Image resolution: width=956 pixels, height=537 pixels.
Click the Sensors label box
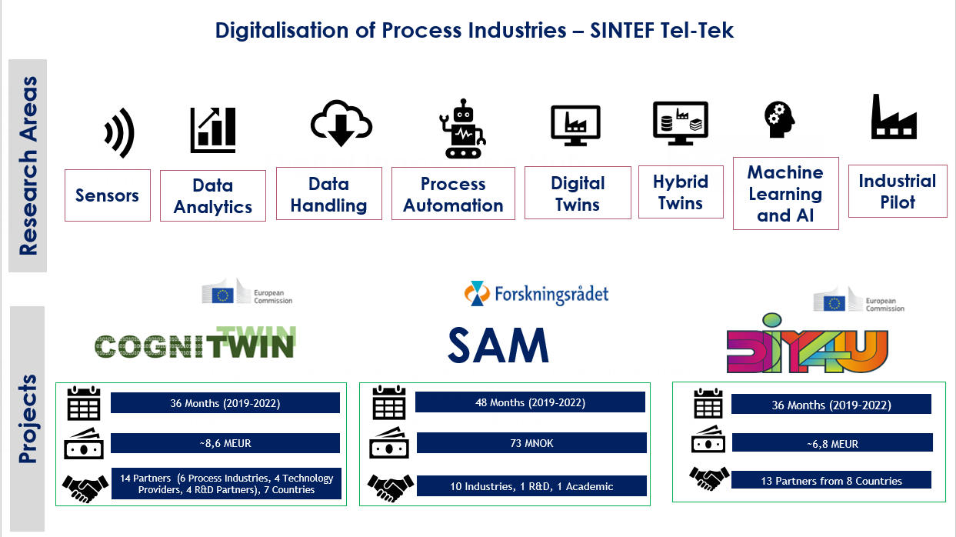[x=107, y=195]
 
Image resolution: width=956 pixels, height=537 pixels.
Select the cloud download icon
[x=341, y=123]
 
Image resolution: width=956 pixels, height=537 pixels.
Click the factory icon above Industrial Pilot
[x=894, y=117]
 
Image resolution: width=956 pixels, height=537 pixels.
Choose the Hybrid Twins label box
[x=681, y=192]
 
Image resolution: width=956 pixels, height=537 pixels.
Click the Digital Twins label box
[x=578, y=193]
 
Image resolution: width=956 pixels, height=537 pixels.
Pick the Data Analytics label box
[x=213, y=196]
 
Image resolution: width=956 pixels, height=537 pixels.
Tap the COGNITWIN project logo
[x=195, y=342]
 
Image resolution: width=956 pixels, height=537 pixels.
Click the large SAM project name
[x=498, y=346]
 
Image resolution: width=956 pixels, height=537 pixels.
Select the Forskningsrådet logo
[x=536, y=293]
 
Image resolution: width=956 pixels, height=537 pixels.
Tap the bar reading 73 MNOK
[x=531, y=443]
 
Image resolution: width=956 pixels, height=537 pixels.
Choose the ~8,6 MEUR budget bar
[x=225, y=443]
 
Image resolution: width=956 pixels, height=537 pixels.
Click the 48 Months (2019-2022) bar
[x=530, y=402]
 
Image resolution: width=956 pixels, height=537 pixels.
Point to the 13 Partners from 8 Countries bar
[x=831, y=481]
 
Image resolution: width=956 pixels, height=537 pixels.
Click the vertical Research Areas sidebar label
[x=28, y=165]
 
